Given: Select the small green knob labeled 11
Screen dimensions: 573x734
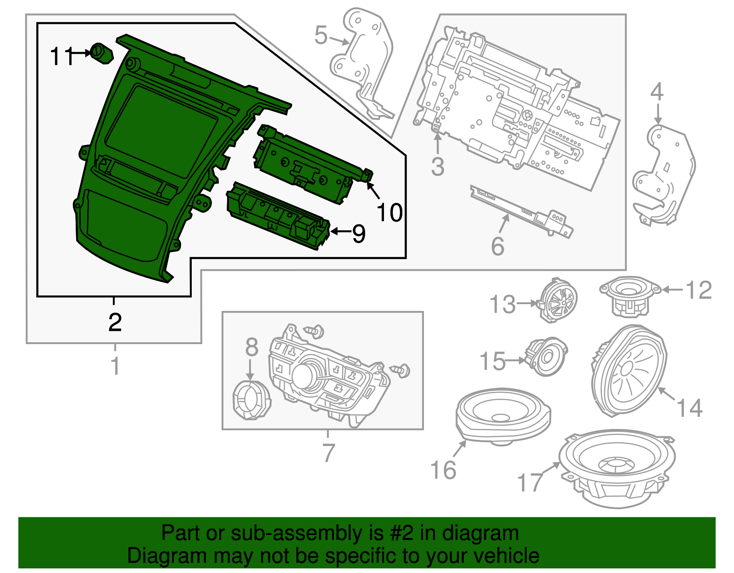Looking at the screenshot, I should point(102,53).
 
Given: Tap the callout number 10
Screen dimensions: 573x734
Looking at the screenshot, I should point(389,212).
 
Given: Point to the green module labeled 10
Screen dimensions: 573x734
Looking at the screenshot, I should point(312,164).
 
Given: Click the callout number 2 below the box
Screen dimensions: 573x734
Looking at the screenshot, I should point(115,322).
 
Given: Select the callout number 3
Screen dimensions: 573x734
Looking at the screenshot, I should point(438,166).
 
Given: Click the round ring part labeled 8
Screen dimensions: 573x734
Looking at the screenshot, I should point(251,400).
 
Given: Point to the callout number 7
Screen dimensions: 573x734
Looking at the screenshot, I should point(328,452).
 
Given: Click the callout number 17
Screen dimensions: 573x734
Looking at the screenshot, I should point(530,483).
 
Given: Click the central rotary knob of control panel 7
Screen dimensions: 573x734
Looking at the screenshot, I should point(305,375).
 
